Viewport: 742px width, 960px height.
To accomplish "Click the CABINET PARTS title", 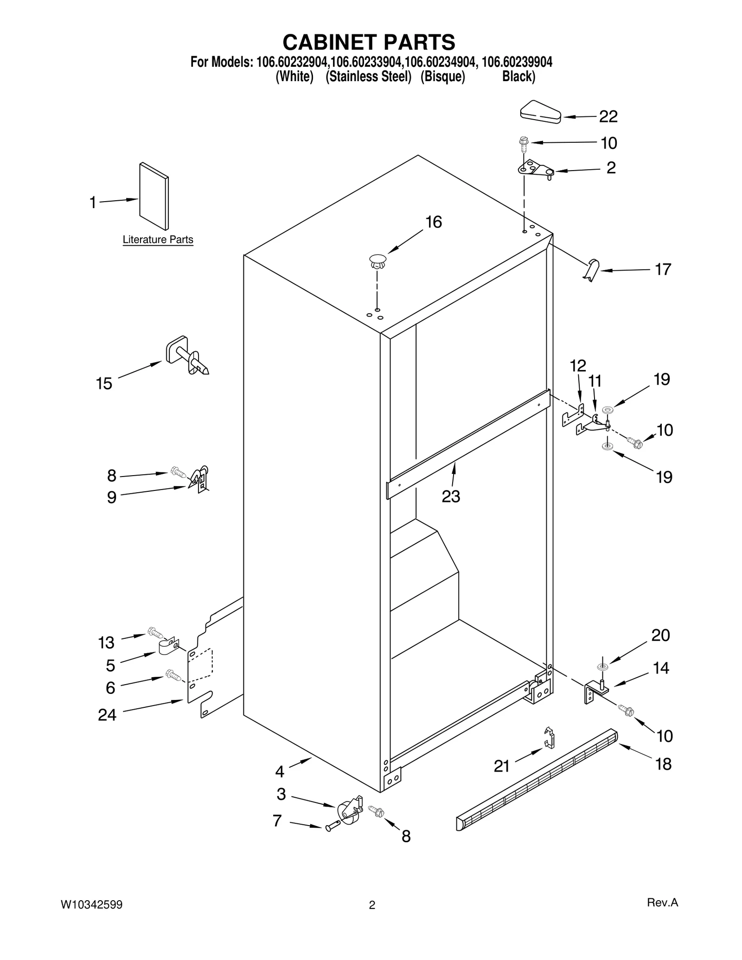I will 369,42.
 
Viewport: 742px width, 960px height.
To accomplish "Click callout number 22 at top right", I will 608,117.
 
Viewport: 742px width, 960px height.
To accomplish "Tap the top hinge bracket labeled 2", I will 536,170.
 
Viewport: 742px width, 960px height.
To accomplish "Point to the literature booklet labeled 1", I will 154,196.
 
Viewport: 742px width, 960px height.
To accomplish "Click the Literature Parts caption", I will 158,240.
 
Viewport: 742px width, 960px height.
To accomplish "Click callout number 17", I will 663,269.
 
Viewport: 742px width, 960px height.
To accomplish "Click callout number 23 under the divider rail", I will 451,496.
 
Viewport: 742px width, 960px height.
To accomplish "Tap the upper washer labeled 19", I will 608,410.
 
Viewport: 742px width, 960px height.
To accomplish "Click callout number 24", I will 107,715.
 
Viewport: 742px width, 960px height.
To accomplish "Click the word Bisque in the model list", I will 442,77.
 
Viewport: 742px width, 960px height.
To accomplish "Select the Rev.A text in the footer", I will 662,903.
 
